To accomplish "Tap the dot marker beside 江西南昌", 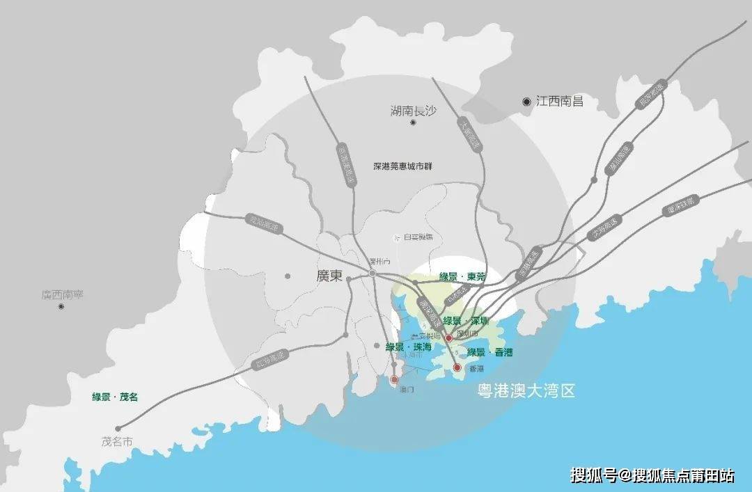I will [526, 102].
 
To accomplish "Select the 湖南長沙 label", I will [413, 110].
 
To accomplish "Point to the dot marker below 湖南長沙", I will [413, 123].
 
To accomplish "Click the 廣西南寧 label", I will [62, 295].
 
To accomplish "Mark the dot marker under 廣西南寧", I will [61, 307].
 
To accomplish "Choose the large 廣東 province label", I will [329, 276].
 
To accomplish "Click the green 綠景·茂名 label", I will [115, 397].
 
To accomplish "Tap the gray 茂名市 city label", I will [116, 442].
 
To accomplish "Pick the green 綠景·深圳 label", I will [466, 321].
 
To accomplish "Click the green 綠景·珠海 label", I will [409, 347].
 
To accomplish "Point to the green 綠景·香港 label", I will [489, 353].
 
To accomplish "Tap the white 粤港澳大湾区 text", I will [526, 391].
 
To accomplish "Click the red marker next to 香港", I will [457, 367].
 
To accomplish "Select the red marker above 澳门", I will [394, 379].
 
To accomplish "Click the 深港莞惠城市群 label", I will [402, 166].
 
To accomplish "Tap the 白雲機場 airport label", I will [416, 237].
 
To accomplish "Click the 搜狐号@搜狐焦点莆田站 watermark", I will [652, 475].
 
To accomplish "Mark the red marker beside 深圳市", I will [449, 338].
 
